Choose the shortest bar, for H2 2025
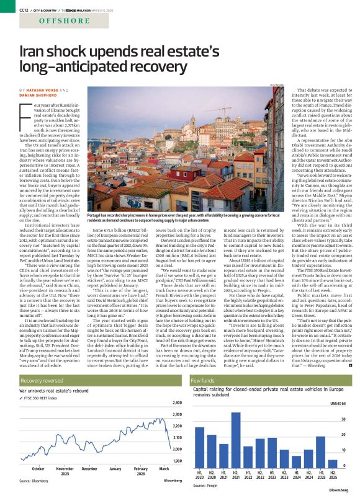(x=333, y=459)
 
